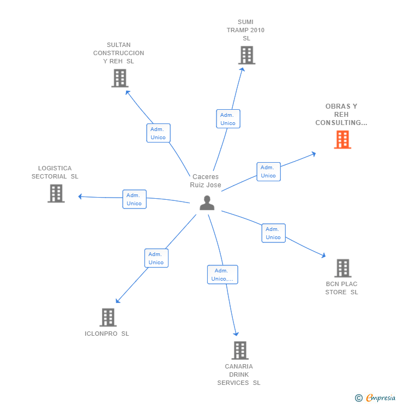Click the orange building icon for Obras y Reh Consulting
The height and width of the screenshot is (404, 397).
(x=342, y=140)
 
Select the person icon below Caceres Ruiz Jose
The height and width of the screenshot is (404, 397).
(x=207, y=203)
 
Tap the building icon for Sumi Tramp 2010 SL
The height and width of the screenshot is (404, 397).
(x=246, y=55)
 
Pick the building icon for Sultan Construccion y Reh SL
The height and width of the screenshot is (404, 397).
(x=119, y=78)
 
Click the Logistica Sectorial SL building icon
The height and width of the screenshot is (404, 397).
(x=56, y=193)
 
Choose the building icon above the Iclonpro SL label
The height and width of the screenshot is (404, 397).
(x=108, y=317)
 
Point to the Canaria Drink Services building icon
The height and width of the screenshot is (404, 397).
(x=239, y=350)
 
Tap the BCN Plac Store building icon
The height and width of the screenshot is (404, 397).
(x=342, y=268)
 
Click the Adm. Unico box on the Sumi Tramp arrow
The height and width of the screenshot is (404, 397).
(x=228, y=119)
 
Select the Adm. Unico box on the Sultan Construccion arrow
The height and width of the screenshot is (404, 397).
(x=158, y=133)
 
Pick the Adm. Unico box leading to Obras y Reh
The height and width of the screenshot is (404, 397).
(x=268, y=171)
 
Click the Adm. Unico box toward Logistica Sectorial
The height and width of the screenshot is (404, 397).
(x=134, y=199)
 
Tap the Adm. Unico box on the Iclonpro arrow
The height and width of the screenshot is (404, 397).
(x=156, y=258)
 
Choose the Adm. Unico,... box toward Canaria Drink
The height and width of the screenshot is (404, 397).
(x=222, y=275)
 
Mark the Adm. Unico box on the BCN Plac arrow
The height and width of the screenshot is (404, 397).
(x=273, y=233)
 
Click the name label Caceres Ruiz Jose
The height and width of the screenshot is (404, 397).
(x=206, y=181)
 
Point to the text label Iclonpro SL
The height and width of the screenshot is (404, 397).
(x=107, y=334)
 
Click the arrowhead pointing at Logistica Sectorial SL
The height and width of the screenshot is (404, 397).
(x=81, y=197)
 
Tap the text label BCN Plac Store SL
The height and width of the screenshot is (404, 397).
(x=342, y=288)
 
